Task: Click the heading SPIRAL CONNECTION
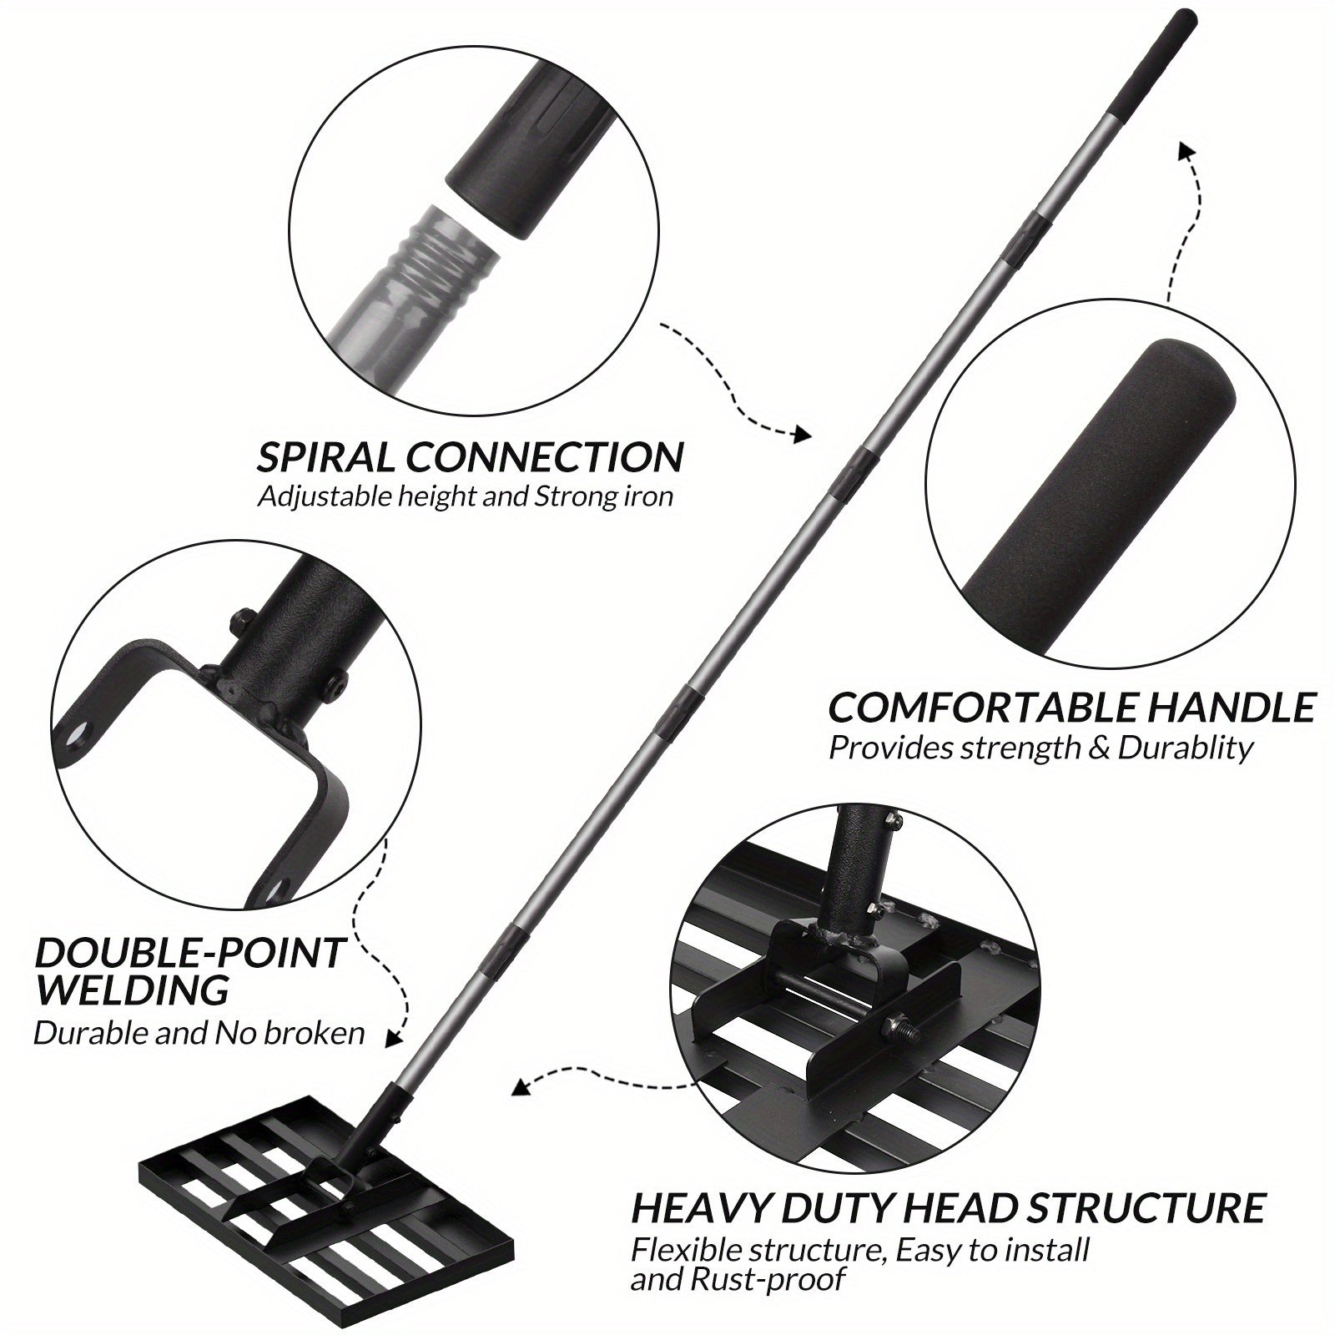coord(470,457)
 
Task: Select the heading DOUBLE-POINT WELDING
coord(189,970)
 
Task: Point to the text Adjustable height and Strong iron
coord(465,497)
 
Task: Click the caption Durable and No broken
coord(199,1033)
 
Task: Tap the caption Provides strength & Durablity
coord(1040,748)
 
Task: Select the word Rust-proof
coord(738,1277)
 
